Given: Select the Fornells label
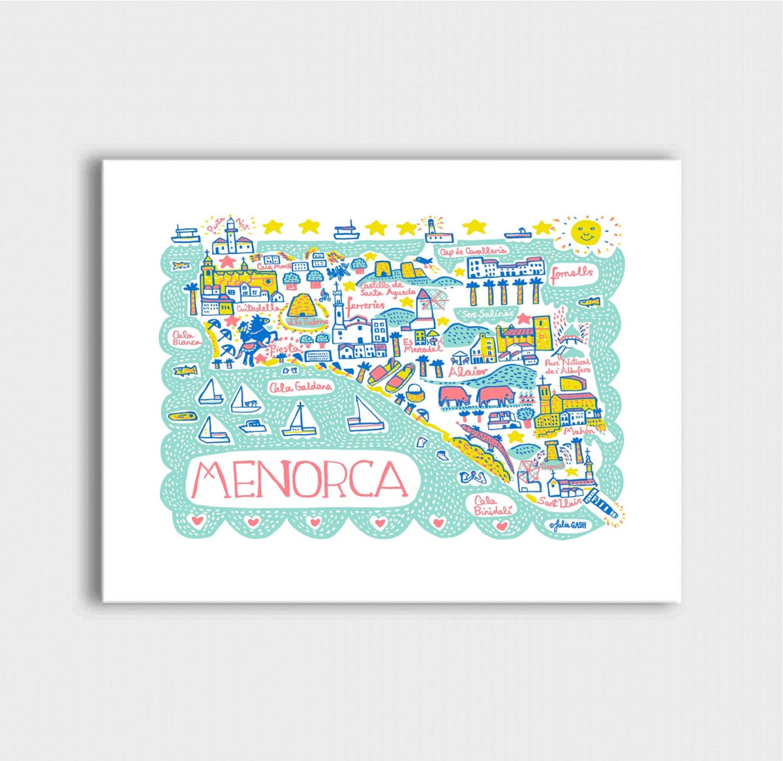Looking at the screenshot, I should click(572, 273).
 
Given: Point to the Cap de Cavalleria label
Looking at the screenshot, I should click(464, 251).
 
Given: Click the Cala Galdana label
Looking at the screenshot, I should click(301, 386).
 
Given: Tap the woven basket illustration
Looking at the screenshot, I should click(414, 393).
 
